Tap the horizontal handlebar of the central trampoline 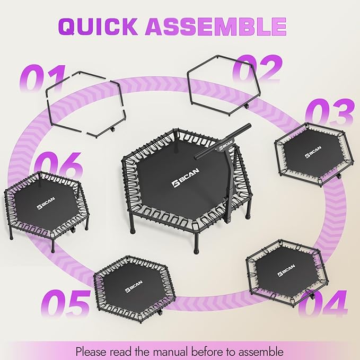tap(223, 141)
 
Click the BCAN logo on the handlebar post tap(224, 149)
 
